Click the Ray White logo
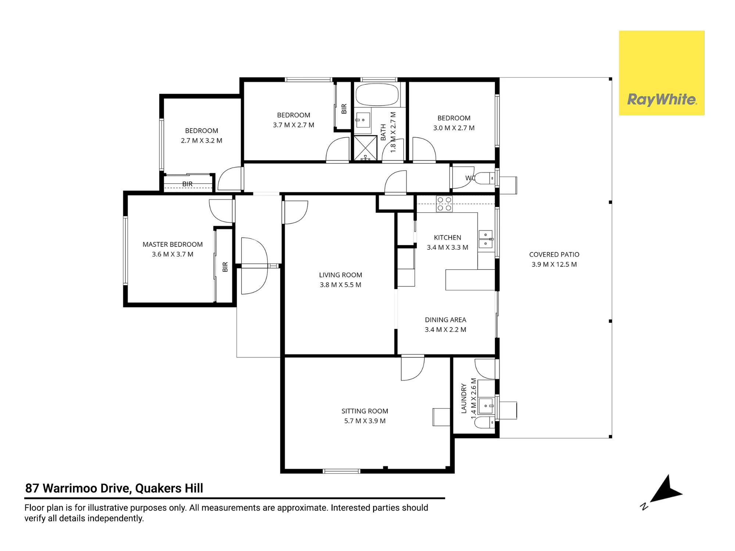(661, 73)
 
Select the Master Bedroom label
(172, 244)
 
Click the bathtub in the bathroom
(377, 95)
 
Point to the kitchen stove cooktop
(444, 204)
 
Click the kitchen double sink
(485, 239)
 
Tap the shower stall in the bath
(365, 148)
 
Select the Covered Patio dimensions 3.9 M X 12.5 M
(554, 264)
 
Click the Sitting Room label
(365, 411)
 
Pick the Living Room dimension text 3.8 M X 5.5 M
(340, 285)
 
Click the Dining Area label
(445, 320)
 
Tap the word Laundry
(464, 399)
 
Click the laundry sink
(487, 406)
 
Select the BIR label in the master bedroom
(225, 267)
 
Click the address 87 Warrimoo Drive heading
(114, 488)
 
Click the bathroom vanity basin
(363, 120)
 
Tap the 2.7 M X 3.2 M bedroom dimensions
(201, 140)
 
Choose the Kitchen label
(447, 238)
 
